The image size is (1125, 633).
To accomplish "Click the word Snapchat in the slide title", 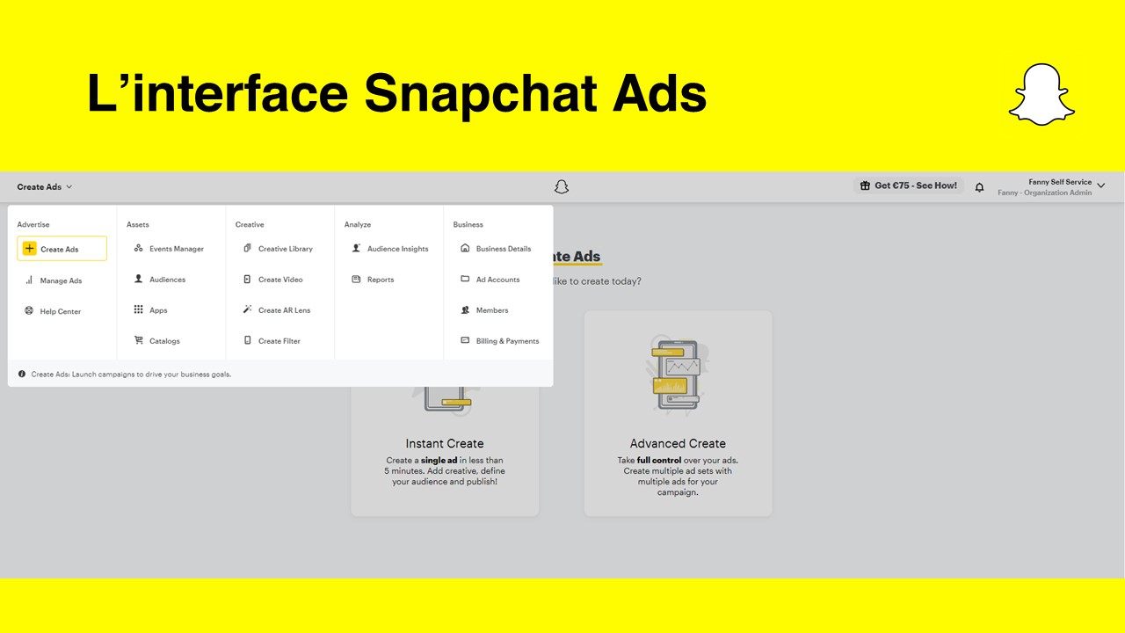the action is (481, 94).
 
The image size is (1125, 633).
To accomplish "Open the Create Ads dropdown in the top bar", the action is (45, 187).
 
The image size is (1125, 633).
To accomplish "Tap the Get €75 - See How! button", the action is (909, 186).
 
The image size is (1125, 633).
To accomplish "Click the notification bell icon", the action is (979, 187).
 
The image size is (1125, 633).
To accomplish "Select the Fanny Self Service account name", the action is (1060, 182).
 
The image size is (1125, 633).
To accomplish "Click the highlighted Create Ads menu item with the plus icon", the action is (62, 249).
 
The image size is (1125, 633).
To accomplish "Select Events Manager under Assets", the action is (169, 249).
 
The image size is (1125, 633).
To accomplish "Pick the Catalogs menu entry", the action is (156, 340).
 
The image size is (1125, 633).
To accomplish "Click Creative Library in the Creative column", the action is (278, 249).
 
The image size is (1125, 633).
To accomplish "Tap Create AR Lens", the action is (277, 310).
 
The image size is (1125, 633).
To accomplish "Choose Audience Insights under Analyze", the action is (390, 249).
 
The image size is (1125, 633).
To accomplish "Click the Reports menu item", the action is (373, 280).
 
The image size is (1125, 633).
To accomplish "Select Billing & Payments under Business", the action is (500, 340).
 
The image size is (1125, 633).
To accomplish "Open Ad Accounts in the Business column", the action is (490, 280).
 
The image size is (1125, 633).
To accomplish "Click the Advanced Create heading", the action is (678, 444).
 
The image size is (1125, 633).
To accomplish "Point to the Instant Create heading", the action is (445, 444).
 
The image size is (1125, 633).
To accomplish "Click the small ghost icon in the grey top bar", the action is (562, 187).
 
